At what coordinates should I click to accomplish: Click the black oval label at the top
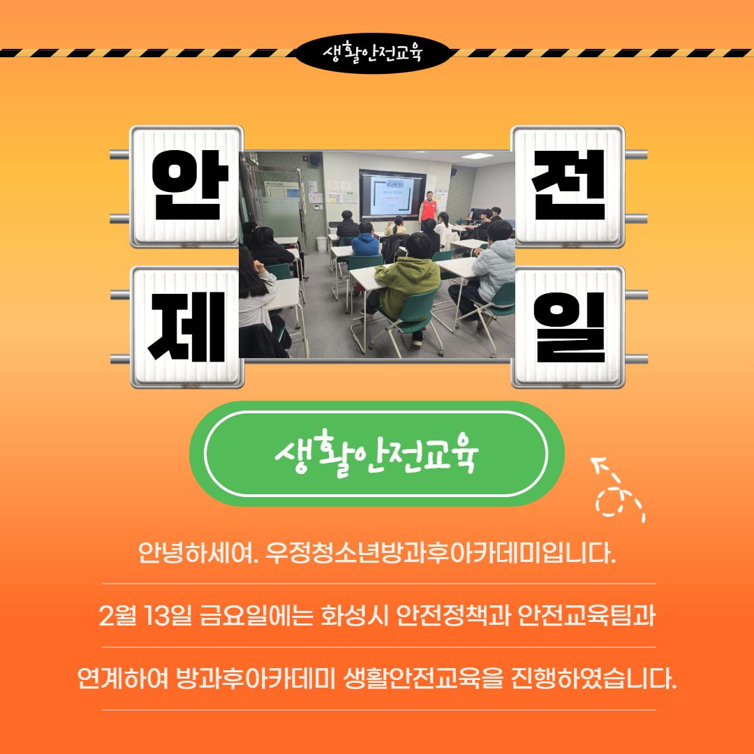point(373,52)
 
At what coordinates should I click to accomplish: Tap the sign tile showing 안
point(187,186)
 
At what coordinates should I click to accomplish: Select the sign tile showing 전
point(568,186)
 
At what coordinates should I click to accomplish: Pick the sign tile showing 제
point(187,327)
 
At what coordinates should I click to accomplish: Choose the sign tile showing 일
point(568,327)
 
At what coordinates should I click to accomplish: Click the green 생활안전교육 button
point(376,454)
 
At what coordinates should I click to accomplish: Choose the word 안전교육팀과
point(586,617)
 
